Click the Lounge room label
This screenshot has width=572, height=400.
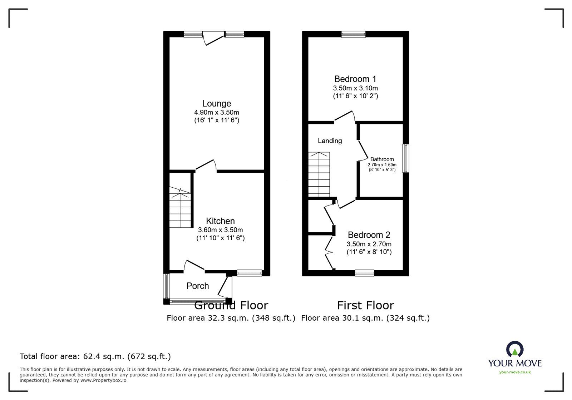216,103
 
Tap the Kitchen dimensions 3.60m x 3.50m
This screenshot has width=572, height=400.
220,230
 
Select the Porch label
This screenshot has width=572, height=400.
197,286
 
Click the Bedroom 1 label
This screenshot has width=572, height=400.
355,79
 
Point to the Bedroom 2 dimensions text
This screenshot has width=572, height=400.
369,244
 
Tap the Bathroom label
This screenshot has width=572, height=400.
382,159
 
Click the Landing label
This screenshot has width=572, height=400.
330,141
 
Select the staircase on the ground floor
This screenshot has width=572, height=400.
180,207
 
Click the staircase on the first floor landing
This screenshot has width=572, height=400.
319,174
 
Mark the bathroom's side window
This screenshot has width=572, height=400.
406,158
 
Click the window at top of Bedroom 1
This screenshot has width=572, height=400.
353,34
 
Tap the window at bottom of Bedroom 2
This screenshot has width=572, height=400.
365,273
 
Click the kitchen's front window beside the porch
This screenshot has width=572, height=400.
249,273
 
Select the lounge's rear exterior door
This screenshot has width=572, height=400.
213,38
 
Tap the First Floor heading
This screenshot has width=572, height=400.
365,306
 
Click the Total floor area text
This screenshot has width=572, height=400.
95,356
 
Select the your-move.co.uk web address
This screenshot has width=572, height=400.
515,372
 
